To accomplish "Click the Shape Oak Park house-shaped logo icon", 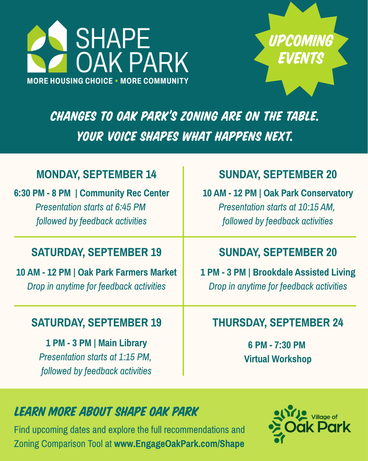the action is [47, 46].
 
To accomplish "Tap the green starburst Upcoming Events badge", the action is [301, 49].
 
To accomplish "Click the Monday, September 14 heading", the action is [96, 174].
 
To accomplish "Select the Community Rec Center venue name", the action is [124, 193].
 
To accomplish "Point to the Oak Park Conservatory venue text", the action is [308, 193].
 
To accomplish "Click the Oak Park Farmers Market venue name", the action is [127, 272].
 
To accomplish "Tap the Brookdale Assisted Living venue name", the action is [304, 272].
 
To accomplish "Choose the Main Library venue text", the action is [123, 343].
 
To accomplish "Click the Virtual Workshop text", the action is [278, 359].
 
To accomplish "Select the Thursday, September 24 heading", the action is [278, 323].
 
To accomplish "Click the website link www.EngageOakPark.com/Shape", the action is [179, 444].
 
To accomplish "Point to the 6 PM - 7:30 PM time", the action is [277, 345].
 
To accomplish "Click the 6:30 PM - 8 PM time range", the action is [42, 193].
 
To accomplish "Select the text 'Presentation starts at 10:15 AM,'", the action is [277, 207].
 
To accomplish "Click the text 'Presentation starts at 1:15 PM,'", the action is [95, 357].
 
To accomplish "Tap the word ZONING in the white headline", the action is [199, 116].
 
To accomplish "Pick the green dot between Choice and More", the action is [117, 81].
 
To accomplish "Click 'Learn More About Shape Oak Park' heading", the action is [107, 411].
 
